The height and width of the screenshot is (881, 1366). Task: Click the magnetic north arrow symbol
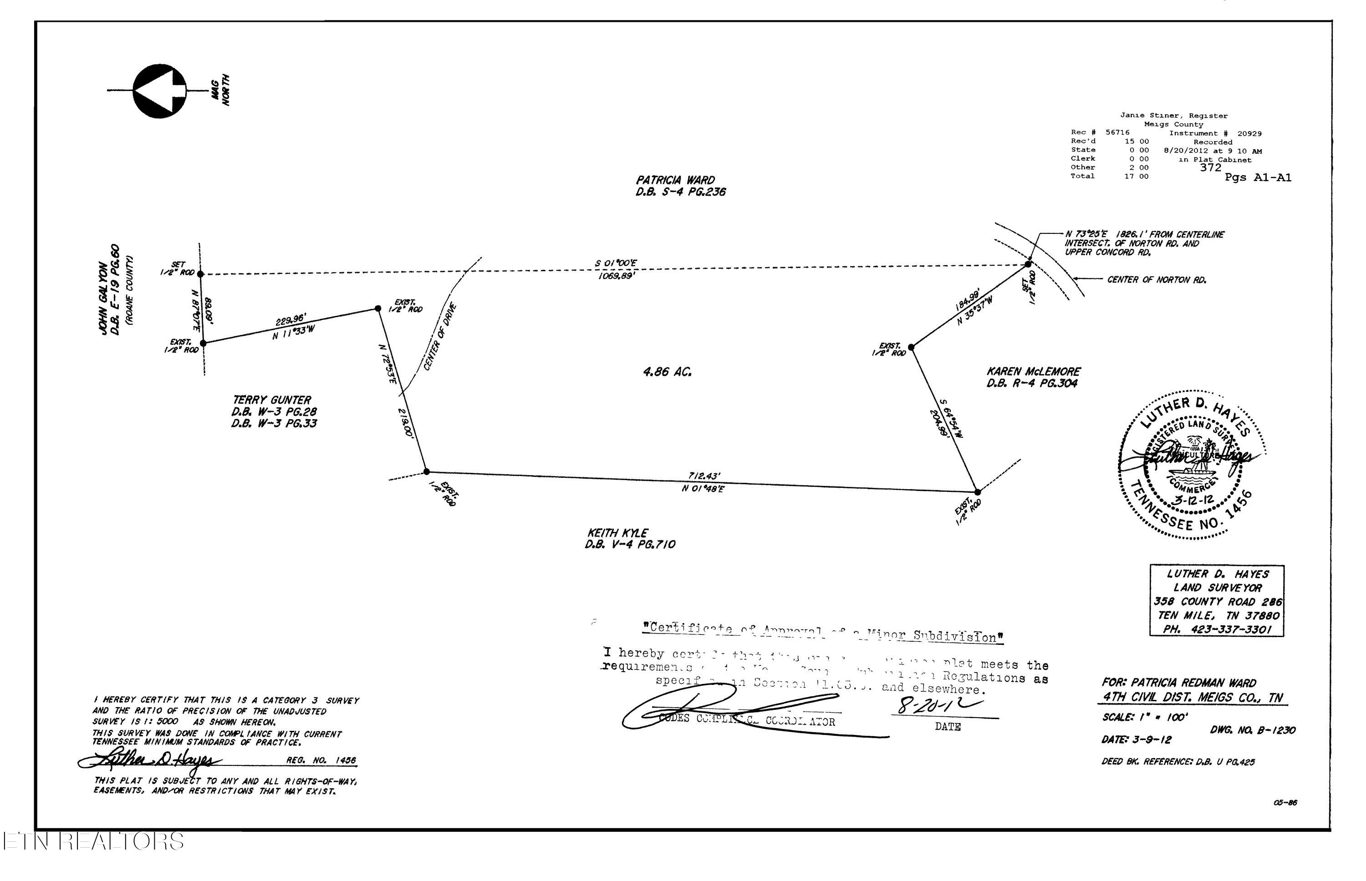[160, 91]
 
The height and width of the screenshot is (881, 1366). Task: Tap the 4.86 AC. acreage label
[667, 372]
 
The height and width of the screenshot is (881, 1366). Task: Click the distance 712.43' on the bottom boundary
[704, 476]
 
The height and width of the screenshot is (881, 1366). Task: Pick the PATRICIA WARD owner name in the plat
[675, 180]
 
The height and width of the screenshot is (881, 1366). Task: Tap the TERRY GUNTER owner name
[272, 400]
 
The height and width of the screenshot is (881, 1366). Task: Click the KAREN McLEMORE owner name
[1033, 372]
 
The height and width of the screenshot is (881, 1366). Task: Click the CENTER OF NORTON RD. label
[1157, 280]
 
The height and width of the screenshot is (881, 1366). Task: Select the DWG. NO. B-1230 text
[1253, 730]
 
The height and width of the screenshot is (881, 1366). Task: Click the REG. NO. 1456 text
[321, 761]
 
